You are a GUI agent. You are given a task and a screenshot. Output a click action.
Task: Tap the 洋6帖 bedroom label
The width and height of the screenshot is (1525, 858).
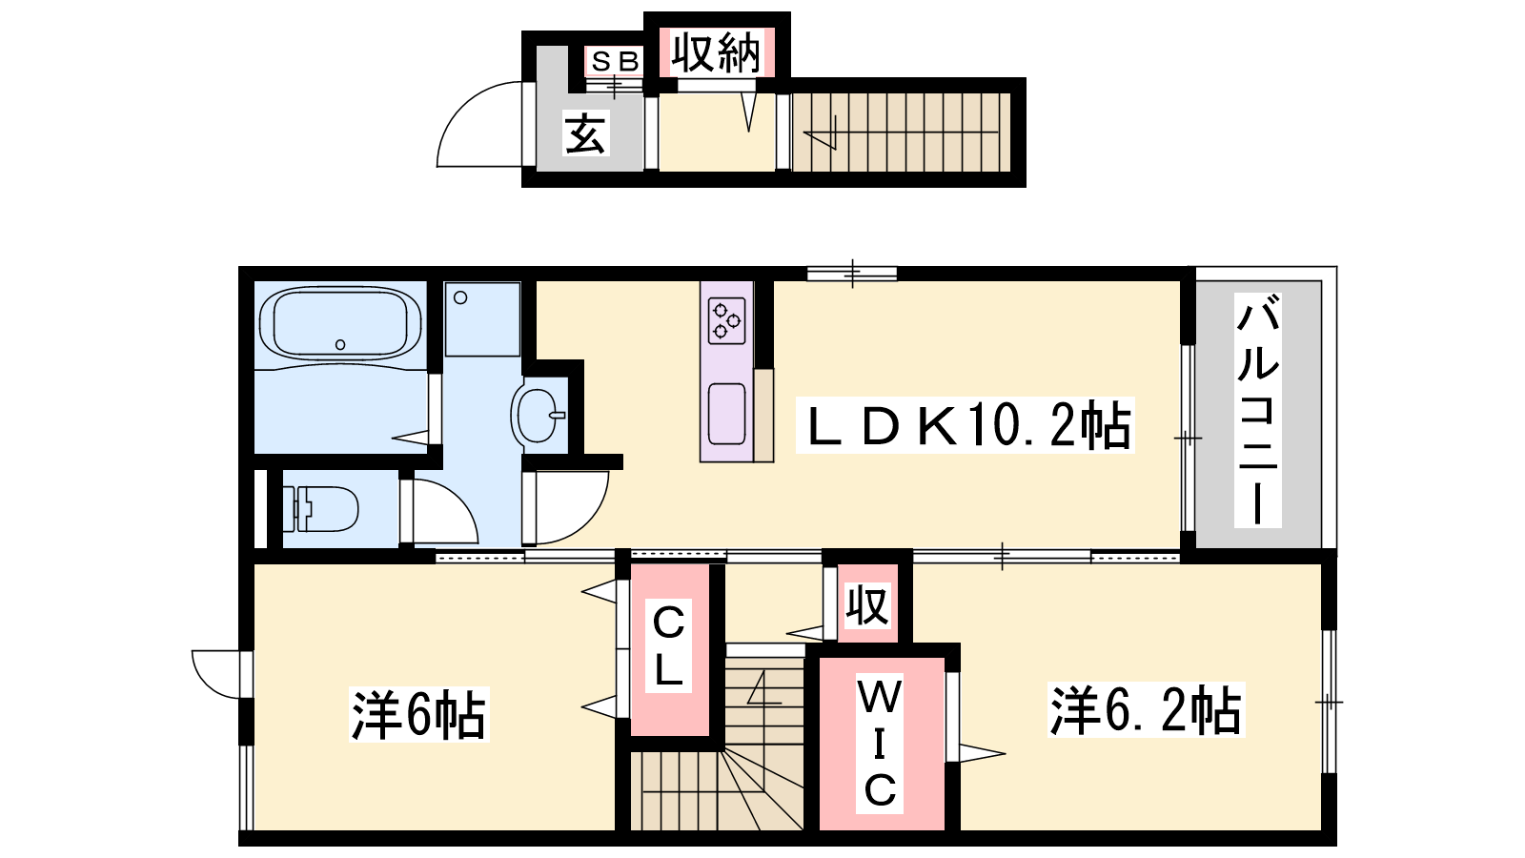pos(418,714)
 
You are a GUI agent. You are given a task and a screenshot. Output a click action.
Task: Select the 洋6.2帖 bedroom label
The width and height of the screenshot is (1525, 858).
pos(1146,710)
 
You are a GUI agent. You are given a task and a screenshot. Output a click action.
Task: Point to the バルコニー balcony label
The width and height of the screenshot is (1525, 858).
pos(1258,411)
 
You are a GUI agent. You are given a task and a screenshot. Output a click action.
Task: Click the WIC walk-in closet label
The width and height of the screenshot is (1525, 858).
pos(880,744)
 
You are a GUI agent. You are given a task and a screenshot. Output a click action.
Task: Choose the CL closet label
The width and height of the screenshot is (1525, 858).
pos(668,645)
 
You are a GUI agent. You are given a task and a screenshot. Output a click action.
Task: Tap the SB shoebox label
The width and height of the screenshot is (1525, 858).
pos(615,62)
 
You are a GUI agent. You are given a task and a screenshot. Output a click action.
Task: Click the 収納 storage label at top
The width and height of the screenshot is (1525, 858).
pos(716,52)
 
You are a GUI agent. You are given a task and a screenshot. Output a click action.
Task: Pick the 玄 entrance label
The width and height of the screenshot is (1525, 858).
pos(585,133)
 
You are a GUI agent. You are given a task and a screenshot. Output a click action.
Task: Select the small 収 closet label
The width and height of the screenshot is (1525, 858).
pos(866,604)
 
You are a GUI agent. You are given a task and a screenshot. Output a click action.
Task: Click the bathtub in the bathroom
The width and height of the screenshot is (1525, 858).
pos(340,323)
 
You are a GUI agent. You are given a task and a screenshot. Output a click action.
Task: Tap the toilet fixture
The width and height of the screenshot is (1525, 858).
pos(320,509)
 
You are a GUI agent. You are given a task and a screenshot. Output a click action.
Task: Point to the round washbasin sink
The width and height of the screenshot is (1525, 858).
pos(538,415)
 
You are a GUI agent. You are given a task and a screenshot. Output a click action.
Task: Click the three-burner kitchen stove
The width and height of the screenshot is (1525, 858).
pos(726,320)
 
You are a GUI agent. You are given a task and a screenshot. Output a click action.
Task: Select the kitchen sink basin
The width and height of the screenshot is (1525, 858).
pos(726,414)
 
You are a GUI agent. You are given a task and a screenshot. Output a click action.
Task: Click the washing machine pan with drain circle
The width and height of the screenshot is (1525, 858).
pos(482,319)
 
